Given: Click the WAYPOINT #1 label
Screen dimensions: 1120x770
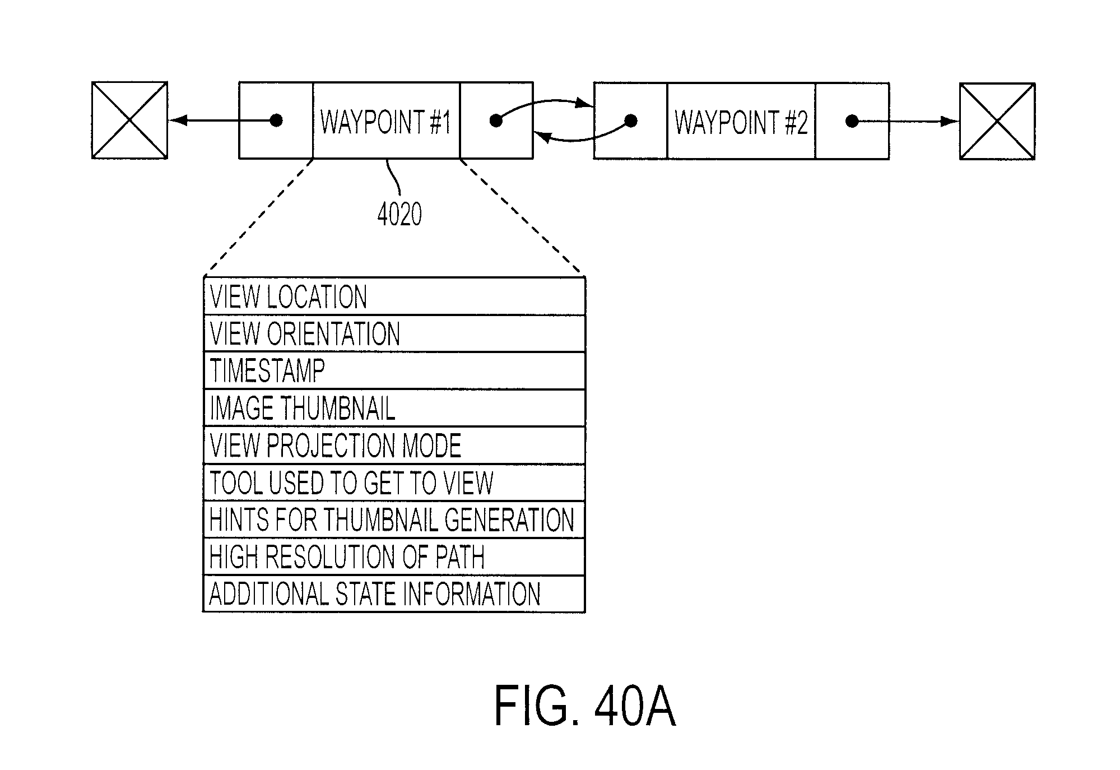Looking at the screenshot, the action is (x=385, y=122).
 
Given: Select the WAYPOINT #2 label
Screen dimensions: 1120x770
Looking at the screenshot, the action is (x=741, y=122).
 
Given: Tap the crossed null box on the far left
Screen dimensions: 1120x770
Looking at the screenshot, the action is (x=129, y=120).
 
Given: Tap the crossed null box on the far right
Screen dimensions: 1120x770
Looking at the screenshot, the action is (x=997, y=121).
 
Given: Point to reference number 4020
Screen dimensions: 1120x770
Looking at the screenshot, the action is (x=399, y=214).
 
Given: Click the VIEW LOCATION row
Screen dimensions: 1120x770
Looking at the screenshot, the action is (x=394, y=296).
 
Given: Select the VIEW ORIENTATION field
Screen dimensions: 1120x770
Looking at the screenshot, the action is (x=394, y=333).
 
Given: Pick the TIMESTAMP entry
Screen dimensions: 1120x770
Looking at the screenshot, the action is (x=394, y=370).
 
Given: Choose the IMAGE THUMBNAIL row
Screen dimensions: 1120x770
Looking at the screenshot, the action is (x=394, y=408).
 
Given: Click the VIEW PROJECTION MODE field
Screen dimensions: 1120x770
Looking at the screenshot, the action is (x=394, y=446).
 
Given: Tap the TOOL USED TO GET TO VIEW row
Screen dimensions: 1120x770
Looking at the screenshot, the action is (x=394, y=483).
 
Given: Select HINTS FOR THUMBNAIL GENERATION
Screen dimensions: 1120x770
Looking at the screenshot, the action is (x=394, y=519).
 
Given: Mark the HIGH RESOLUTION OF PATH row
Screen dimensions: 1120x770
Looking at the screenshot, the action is (x=394, y=557).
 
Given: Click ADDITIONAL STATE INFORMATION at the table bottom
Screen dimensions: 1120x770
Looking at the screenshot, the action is (x=394, y=594).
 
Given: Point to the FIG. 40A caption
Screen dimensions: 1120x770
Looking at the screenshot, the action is (x=584, y=707).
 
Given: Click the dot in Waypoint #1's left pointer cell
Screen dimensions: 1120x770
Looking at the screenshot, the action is (x=276, y=120).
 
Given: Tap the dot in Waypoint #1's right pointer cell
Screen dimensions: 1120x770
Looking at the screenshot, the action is (x=496, y=120).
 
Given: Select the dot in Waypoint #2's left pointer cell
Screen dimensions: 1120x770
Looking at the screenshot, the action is (x=630, y=120).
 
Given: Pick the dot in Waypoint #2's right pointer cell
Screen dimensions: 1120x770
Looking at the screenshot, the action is (x=852, y=121).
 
